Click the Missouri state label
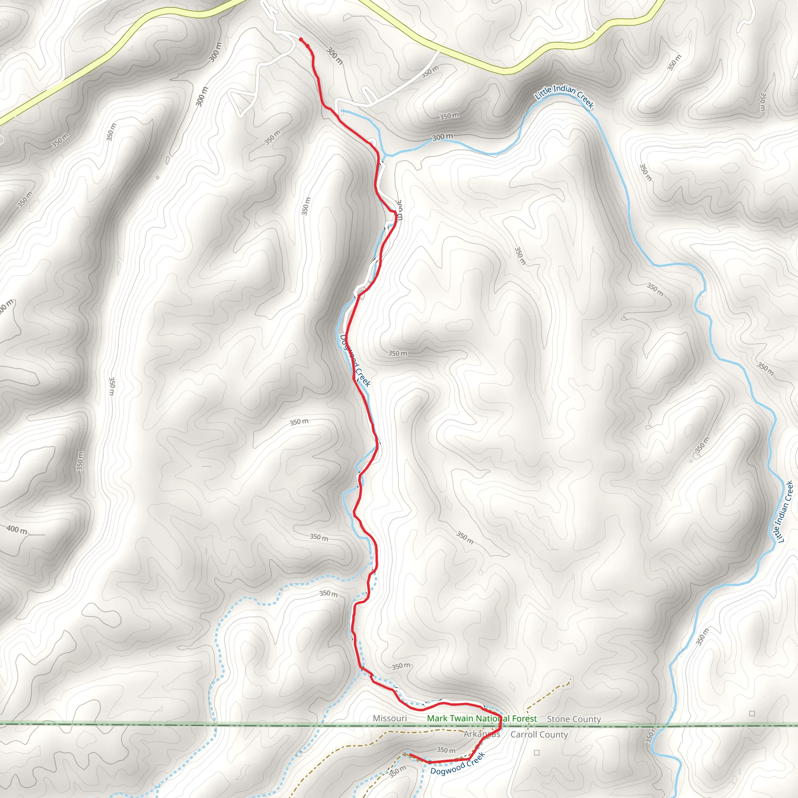click(x=390, y=718)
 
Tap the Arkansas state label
click(x=481, y=734)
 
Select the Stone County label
click(x=574, y=719)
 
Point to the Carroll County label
click(x=539, y=734)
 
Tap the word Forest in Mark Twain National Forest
click(x=524, y=719)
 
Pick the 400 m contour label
click(x=17, y=529)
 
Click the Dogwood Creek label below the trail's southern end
click(x=457, y=764)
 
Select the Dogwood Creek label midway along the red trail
click(x=355, y=360)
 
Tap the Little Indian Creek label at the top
click(x=564, y=96)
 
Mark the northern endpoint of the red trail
click(x=301, y=39)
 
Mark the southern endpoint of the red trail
click(x=410, y=755)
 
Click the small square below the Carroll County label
click(x=537, y=752)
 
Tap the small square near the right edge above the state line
click(x=752, y=713)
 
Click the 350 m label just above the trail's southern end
click(x=446, y=750)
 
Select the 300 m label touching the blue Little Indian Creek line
click(x=442, y=137)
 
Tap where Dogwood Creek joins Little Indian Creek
click(x=385, y=156)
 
